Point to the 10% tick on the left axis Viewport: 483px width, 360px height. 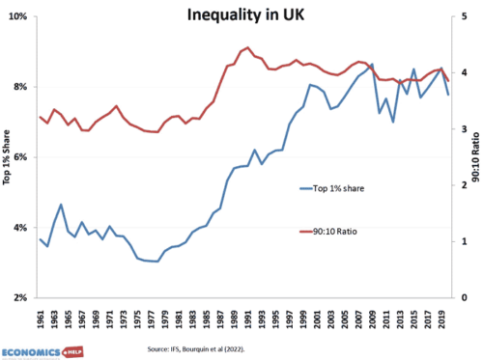tap(19, 17)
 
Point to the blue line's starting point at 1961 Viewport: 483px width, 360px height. tap(41, 239)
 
